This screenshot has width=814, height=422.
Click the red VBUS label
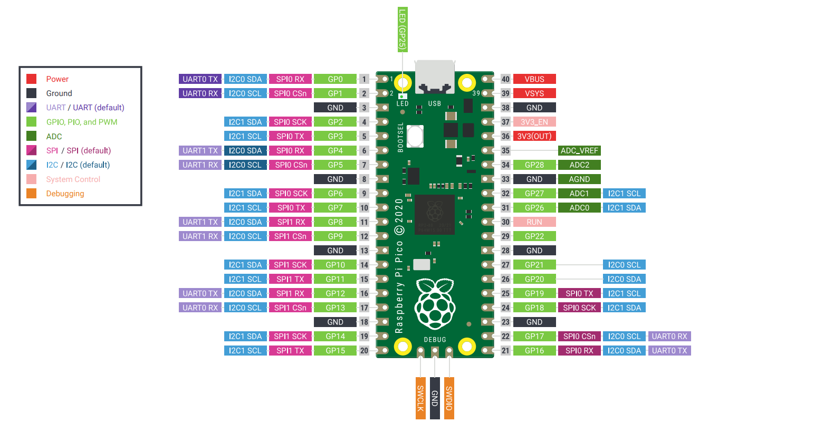534,79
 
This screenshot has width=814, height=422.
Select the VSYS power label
534,93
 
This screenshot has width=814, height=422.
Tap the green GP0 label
335,79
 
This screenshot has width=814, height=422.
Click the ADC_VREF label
579,150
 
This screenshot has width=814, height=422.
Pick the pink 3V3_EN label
534,122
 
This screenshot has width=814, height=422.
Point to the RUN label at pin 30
534,222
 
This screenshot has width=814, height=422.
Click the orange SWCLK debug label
420,398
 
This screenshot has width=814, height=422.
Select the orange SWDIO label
449,398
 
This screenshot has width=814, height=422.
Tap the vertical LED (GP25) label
403,30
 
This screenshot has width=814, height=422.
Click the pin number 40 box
505,79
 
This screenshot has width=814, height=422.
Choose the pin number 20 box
364,350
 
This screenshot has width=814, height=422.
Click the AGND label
579,179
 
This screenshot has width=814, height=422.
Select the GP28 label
534,165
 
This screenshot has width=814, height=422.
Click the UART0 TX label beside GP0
200,79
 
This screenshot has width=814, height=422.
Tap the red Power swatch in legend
32,79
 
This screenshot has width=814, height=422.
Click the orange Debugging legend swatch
32,194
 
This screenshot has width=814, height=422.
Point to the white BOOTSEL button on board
415,136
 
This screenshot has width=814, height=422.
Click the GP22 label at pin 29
534,236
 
